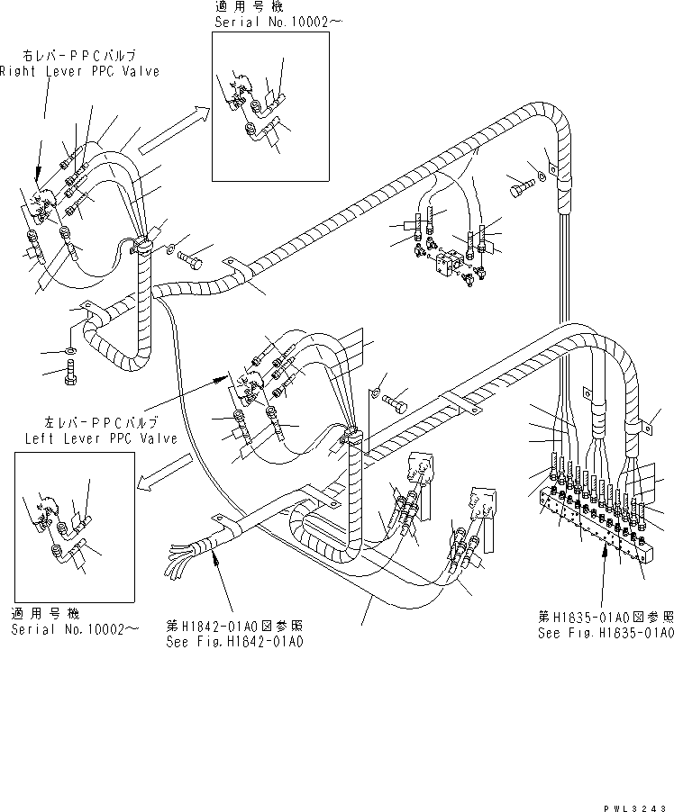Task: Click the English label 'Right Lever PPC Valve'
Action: click(79, 71)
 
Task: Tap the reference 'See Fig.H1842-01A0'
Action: click(234, 642)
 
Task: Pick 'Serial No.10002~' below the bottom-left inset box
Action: click(75, 629)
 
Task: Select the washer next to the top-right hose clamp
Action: click(542, 176)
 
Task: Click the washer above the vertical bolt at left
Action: click(70, 348)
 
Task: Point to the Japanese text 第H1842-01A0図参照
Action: click(233, 626)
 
